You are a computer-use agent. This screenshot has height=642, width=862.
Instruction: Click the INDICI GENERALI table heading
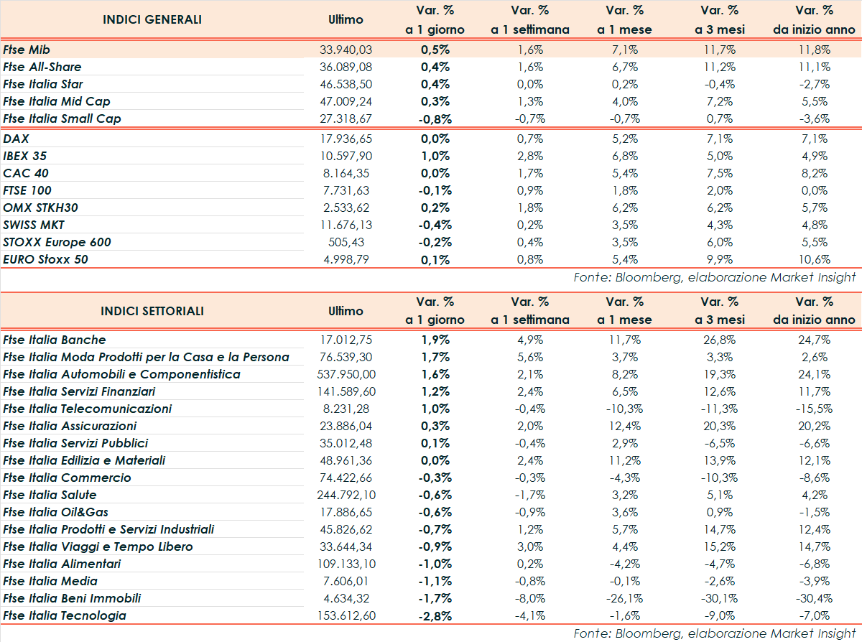click(x=152, y=19)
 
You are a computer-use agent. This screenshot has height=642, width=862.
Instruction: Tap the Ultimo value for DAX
click(x=346, y=139)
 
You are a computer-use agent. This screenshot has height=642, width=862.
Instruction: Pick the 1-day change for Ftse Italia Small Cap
click(x=434, y=118)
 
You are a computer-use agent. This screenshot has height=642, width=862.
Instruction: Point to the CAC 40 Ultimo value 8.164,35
click(x=348, y=173)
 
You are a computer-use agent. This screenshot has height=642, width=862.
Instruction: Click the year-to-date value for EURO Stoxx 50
click(x=815, y=259)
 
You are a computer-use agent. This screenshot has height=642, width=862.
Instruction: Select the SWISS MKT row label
click(x=34, y=225)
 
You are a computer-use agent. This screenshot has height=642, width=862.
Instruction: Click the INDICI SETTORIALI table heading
click(x=152, y=311)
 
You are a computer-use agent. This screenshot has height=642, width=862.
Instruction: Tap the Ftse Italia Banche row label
click(x=55, y=340)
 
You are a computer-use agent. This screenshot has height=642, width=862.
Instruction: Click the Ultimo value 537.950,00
click(x=346, y=374)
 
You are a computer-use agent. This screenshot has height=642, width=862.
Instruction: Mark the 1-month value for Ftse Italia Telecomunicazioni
click(x=624, y=409)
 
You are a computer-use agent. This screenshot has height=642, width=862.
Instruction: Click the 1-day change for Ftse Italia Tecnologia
click(x=434, y=615)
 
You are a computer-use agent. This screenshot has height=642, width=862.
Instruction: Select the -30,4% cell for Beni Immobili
click(x=815, y=598)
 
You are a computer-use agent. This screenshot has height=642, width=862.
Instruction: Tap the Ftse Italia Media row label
click(x=50, y=581)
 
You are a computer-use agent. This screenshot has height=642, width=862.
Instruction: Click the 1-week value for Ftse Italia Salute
click(x=529, y=495)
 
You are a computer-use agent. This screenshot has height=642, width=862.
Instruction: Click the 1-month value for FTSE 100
click(x=624, y=190)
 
